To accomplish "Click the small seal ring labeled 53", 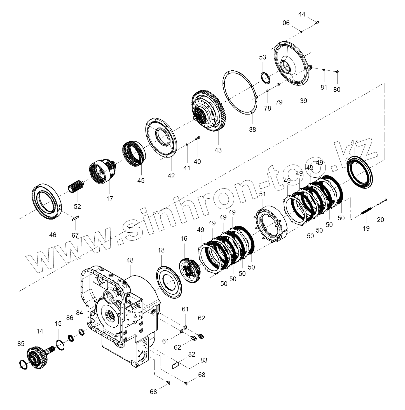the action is click(265, 77).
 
